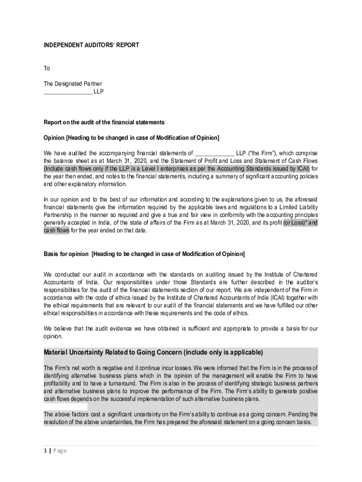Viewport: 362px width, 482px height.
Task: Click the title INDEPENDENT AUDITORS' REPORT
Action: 91,45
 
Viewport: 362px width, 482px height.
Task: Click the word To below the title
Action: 47,68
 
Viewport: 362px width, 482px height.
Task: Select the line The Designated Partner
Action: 72,84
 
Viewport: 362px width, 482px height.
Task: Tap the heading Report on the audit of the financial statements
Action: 104,122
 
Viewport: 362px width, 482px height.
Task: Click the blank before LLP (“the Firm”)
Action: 214,153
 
